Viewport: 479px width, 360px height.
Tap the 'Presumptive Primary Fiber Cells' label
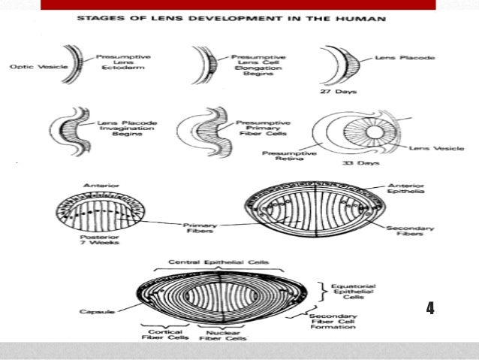[258, 128]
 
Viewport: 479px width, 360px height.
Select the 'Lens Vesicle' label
[429, 148]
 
